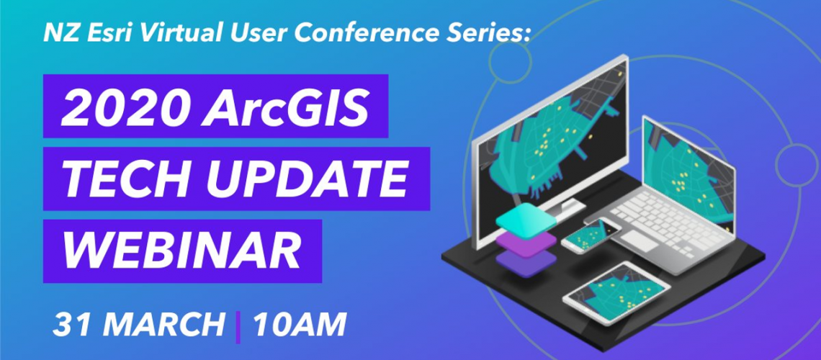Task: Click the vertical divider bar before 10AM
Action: tap(239, 327)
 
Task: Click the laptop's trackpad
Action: tap(639, 240)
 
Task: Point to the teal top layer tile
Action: tap(526, 219)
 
